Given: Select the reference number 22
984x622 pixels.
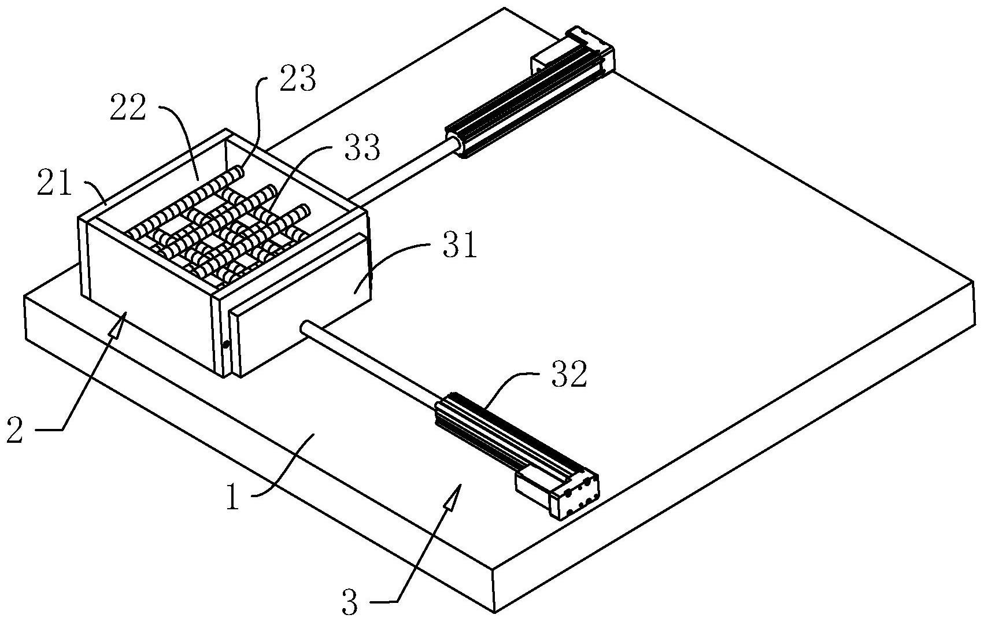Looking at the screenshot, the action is tap(128, 108).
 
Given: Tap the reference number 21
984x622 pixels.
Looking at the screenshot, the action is tap(54, 183).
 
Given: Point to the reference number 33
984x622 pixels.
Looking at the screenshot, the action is tap(362, 147).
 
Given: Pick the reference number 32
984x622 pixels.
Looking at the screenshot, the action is tap(569, 374).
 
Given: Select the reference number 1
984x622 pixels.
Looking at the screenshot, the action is tap(233, 496).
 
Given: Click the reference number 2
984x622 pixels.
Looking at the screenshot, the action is tap(14, 430).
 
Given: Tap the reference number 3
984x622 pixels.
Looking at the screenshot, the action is tap(350, 603).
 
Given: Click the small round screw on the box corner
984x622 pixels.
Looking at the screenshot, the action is tap(226, 344).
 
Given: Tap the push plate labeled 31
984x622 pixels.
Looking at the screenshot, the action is tap(301, 305).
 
